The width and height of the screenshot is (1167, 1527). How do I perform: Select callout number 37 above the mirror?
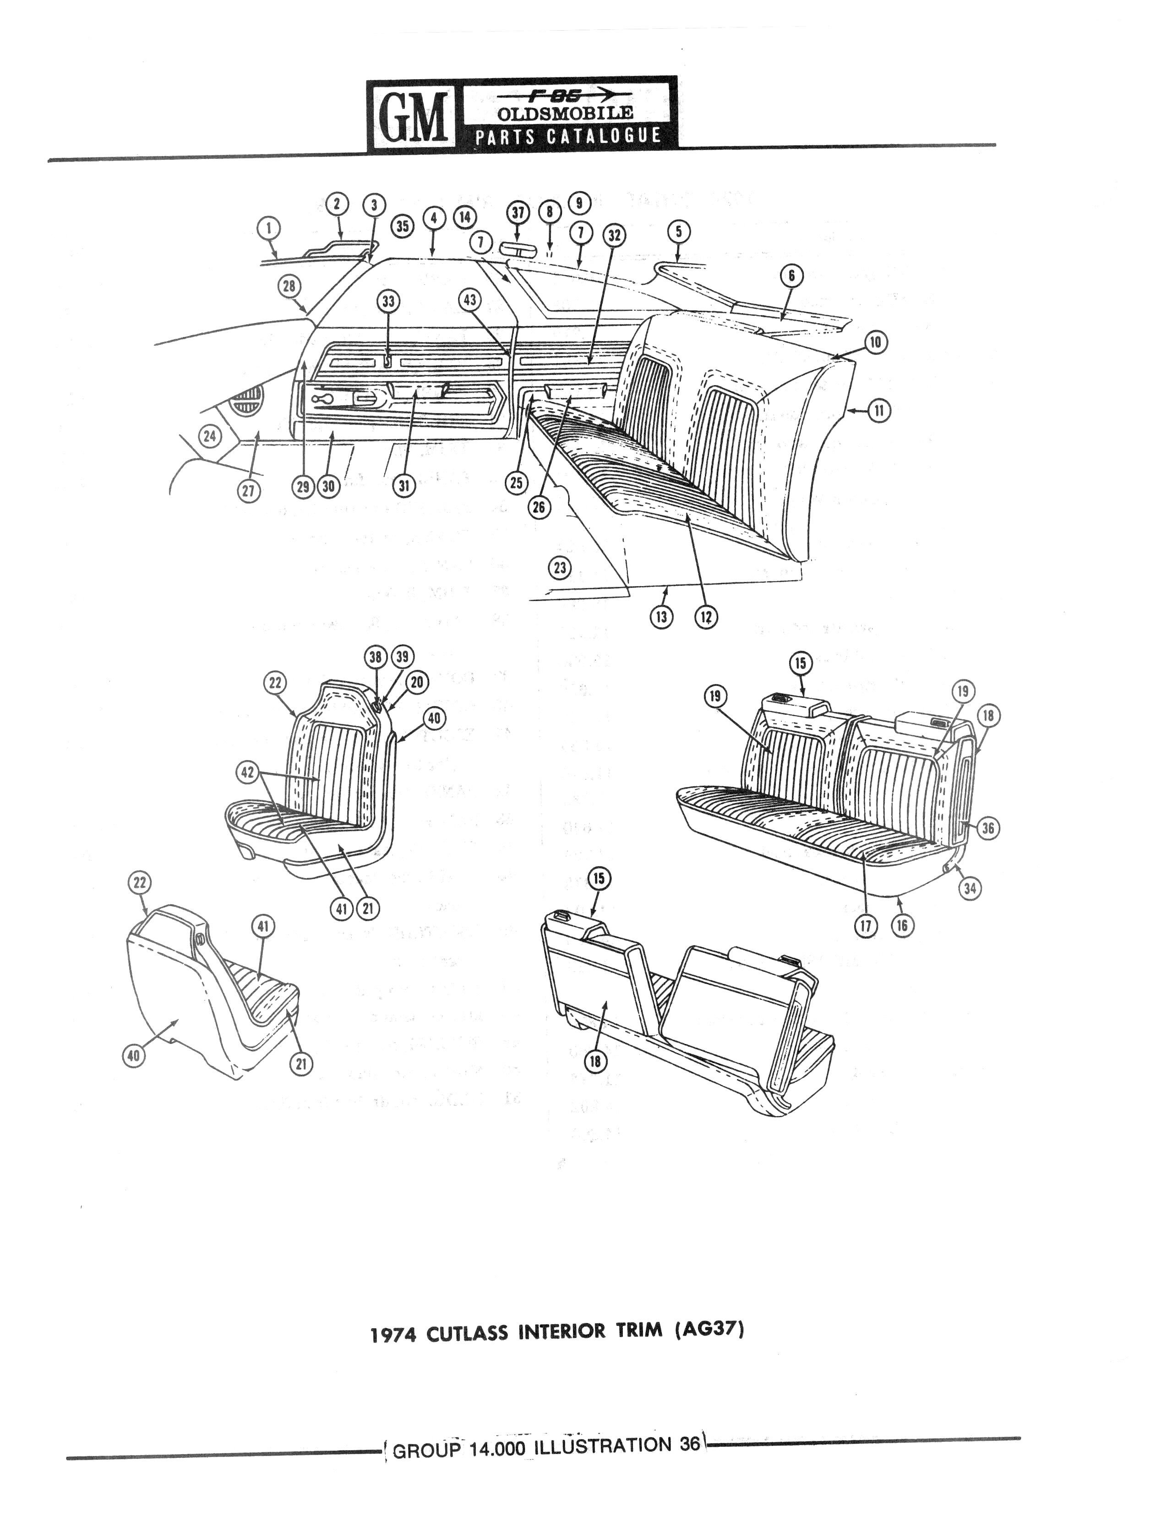pos(518,213)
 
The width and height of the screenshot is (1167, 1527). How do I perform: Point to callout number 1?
pos(268,228)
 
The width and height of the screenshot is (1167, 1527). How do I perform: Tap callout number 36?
pos(988,828)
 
